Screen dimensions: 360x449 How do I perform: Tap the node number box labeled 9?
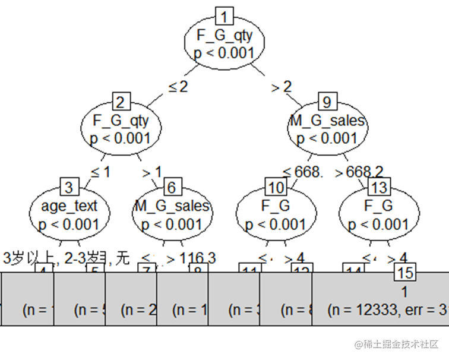pos(326,100)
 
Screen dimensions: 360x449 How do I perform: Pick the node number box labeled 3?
pos(69,187)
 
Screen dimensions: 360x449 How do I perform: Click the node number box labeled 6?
pos(172,187)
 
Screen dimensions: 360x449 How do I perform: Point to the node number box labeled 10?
pos(275,187)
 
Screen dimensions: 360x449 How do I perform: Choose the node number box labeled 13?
pos(378,187)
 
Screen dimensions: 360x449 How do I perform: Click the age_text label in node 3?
pos(69,207)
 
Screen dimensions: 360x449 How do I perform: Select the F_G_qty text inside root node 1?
pos(224,36)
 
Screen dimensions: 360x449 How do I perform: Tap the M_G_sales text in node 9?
pos(327,121)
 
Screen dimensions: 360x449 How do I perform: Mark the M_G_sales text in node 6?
pos(172,206)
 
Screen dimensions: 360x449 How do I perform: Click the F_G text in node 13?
pos(378,206)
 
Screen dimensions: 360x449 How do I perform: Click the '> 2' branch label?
pos(282,87)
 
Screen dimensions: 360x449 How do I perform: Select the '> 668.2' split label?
pos(359,172)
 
